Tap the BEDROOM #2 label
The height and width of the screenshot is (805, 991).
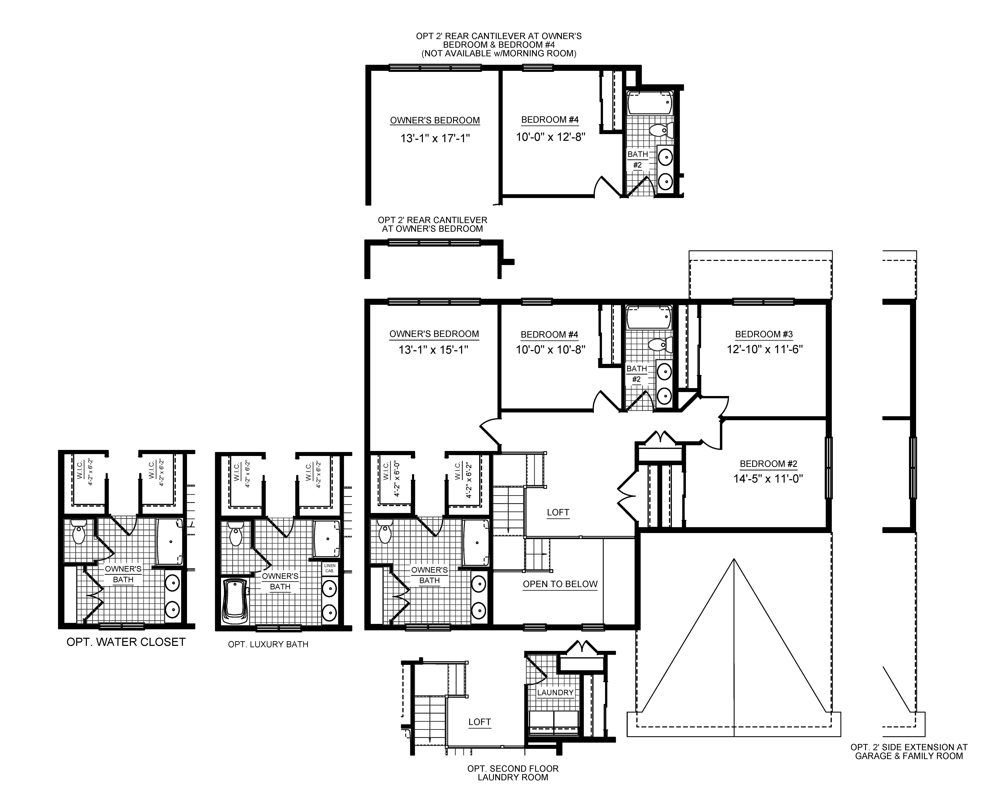pos(768,464)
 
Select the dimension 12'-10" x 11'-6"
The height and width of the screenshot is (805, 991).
pos(764,349)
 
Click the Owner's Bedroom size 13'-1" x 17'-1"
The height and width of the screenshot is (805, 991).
pos(435,138)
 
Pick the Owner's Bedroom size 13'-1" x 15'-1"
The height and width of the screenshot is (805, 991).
pos(434,350)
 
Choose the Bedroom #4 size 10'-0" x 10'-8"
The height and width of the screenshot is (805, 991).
pos(550,350)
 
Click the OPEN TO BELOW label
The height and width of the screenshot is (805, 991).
pos(560,584)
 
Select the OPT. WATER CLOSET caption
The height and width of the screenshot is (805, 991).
pos(126,642)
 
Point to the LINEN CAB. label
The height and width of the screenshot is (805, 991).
pos(329,568)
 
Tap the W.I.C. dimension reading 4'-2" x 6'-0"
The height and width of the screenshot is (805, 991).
pos(397,479)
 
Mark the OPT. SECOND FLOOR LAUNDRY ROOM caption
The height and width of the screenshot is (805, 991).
pos(513,773)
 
